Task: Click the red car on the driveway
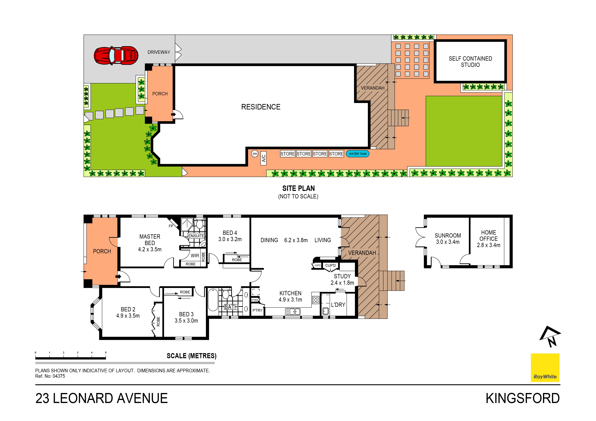pos(116,55)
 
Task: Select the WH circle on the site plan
pos(255,154)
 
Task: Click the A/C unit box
pos(264,158)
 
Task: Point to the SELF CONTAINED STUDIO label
pos(470,62)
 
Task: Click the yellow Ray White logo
pos(545,367)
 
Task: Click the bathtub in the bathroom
pos(213,300)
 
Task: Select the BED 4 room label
pos(230,233)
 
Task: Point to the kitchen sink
pos(293,312)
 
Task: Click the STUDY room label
pos(342,276)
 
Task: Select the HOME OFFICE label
pos(489,236)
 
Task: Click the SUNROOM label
pos(448,236)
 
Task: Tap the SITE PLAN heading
pos(299,188)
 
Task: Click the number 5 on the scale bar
pos(106,352)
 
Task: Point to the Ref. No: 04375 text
pos(50,376)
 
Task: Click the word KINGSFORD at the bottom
pos(522,398)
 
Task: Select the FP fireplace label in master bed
pos(171,226)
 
